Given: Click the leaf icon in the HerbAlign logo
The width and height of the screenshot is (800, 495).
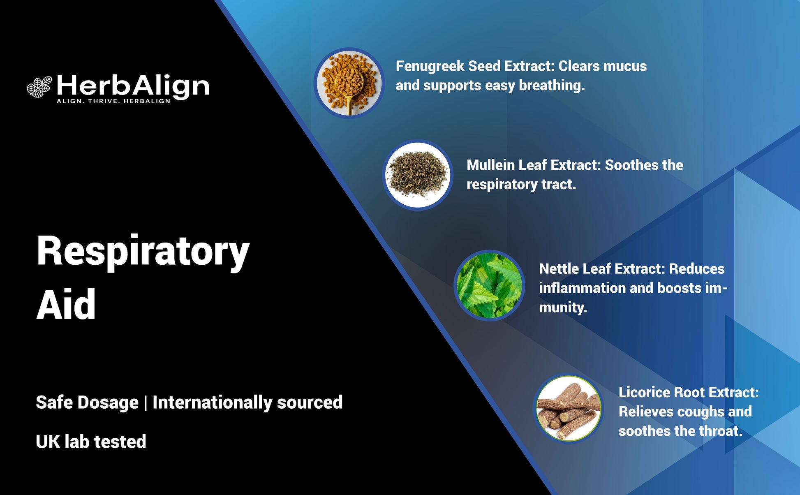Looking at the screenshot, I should tap(39, 87).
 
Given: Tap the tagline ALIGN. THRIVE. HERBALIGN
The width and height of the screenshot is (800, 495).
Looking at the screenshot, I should tap(113, 101).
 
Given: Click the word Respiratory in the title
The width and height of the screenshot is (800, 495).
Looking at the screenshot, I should tap(143, 252).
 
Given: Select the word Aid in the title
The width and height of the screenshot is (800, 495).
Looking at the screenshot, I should tap(66, 305).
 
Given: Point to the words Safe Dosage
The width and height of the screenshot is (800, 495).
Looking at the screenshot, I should tap(87, 402).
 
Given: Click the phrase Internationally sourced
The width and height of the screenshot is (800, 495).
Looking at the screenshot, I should tap(247, 402).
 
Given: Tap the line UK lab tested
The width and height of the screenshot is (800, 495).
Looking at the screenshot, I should tap(91, 442).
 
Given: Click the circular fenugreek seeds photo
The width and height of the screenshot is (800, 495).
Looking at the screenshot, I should tap(349, 83).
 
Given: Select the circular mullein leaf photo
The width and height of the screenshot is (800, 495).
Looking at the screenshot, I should tap(418, 175).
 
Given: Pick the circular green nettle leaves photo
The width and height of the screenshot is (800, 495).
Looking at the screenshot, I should tap(489, 285).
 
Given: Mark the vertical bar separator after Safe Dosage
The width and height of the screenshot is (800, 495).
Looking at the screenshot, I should tap(146, 402).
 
